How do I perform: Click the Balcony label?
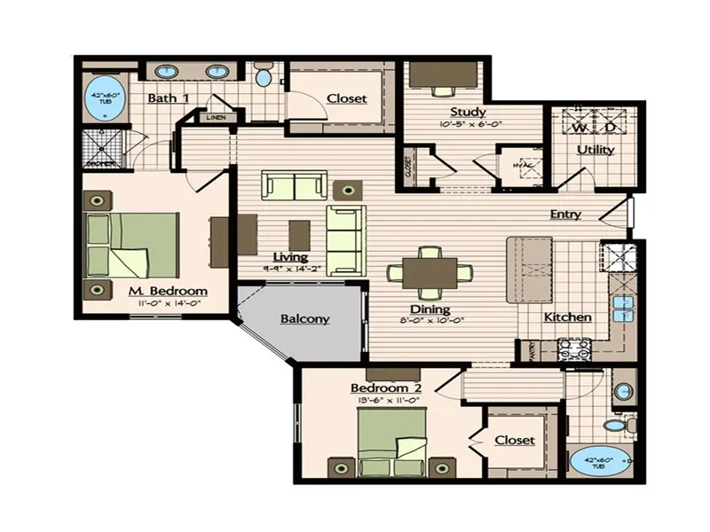coord(305,319)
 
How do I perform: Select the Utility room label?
coord(596,150)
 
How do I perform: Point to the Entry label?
coord(565,214)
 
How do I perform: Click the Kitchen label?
coord(567,317)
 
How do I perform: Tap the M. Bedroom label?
coord(168,291)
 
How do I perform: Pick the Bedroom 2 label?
coord(385,388)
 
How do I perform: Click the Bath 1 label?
coord(168,98)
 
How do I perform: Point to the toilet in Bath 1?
coord(264,77)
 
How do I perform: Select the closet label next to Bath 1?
coord(346,98)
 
